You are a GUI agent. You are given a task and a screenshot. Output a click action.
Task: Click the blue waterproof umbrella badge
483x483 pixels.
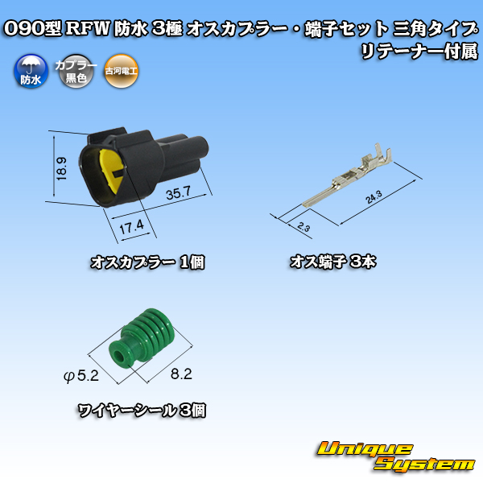[31, 72]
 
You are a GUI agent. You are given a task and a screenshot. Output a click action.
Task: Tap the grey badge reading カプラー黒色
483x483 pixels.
[76, 72]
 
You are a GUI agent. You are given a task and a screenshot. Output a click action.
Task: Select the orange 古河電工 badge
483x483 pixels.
[121, 72]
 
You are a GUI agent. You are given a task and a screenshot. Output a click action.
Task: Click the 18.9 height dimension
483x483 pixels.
[61, 169]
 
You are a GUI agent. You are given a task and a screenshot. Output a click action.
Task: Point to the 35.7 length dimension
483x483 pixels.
[179, 193]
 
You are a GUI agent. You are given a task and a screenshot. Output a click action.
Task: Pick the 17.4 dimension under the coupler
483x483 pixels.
[131, 227]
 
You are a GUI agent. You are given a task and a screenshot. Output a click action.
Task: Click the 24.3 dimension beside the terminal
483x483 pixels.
[374, 197]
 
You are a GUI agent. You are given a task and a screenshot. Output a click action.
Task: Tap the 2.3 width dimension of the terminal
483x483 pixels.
[303, 227]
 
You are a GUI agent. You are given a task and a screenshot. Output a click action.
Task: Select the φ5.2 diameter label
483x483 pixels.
[81, 376]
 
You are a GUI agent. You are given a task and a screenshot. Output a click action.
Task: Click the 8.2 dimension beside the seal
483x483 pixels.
[181, 374]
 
